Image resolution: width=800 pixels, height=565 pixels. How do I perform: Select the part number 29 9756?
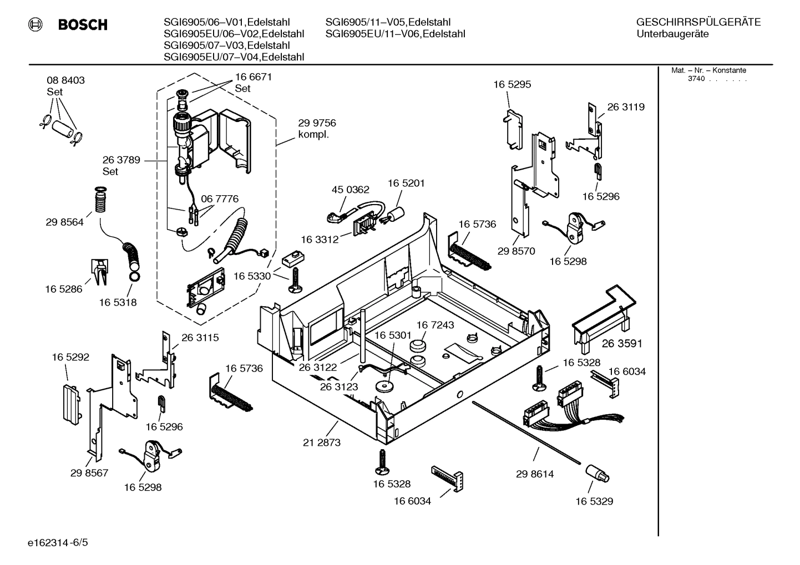pos(317,123)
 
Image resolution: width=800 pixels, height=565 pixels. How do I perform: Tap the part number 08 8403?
pos(65,80)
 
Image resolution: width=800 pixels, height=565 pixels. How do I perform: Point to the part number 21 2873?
pos(322,442)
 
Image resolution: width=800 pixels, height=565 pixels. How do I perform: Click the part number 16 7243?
pos(435,325)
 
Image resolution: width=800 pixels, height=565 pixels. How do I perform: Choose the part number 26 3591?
pos(622,344)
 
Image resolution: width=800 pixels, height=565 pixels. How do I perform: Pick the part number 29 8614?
pos(535,474)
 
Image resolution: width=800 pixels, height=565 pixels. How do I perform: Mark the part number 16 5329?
pos(594,501)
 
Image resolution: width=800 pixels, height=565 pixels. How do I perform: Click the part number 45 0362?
pos(350,190)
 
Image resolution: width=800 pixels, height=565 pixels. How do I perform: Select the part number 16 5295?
pos(512,85)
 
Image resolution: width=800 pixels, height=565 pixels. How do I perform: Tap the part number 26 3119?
pos(626,107)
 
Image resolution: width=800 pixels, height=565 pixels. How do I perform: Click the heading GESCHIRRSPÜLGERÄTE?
pos(698,22)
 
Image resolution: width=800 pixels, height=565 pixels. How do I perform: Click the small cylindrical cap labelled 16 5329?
pos(597,474)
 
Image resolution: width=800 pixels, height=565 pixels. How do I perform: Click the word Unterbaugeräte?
pos(672,34)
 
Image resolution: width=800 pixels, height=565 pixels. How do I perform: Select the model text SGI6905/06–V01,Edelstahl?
pos(234,22)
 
